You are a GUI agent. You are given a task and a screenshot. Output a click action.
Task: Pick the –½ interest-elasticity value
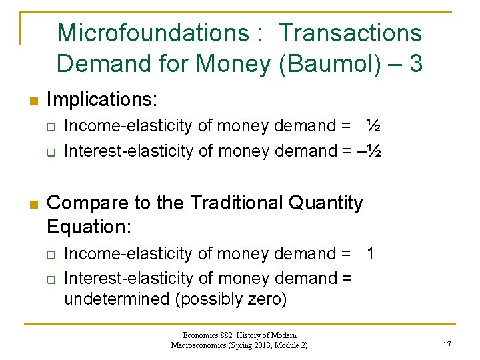point(369,151)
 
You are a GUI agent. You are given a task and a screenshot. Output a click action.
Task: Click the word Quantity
point(329,202)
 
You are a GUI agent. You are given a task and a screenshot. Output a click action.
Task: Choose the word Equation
point(89,227)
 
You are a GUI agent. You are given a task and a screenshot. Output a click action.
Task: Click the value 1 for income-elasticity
point(371,253)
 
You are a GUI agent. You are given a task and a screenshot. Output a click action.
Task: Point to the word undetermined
point(117,299)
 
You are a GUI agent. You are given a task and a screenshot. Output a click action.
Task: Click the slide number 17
point(446,345)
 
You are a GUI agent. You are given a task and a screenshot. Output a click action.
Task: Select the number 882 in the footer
point(225,335)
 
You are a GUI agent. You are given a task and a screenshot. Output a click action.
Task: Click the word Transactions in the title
point(350,33)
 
